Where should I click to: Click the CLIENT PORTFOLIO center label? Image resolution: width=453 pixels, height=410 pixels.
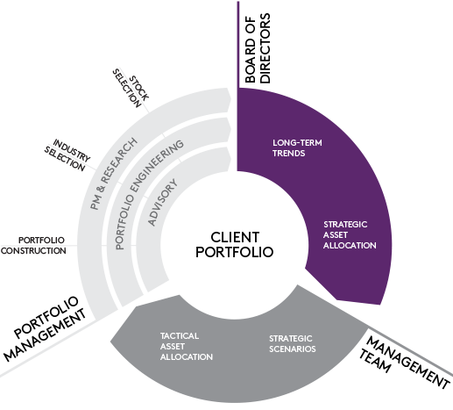[235, 245]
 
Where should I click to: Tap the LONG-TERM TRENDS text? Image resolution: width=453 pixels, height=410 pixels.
[297, 148]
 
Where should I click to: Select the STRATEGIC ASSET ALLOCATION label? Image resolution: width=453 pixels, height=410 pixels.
[350, 235]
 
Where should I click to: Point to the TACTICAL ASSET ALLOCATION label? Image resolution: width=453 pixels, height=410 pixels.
[187, 347]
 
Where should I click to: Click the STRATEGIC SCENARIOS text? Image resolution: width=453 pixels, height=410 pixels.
[293, 344]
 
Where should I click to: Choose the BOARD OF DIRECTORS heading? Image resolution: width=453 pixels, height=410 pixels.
[258, 48]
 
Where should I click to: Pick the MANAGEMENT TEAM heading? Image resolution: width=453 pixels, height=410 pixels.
[404, 363]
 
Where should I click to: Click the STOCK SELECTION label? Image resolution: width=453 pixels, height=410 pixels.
[131, 88]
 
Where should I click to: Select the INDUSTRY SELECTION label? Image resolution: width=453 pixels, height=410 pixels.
[67, 155]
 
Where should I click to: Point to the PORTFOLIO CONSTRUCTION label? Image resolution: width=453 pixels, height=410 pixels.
[33, 246]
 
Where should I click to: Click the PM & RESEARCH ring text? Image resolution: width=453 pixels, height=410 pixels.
[113, 174]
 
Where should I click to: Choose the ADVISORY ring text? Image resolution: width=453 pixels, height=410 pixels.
[162, 203]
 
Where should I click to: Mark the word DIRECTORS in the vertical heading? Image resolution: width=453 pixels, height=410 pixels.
[265, 48]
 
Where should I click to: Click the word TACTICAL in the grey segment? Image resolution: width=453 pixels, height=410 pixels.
[180, 336]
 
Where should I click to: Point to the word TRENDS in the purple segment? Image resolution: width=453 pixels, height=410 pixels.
[289, 154]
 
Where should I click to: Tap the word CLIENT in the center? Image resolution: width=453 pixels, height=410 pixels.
[235, 237]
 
